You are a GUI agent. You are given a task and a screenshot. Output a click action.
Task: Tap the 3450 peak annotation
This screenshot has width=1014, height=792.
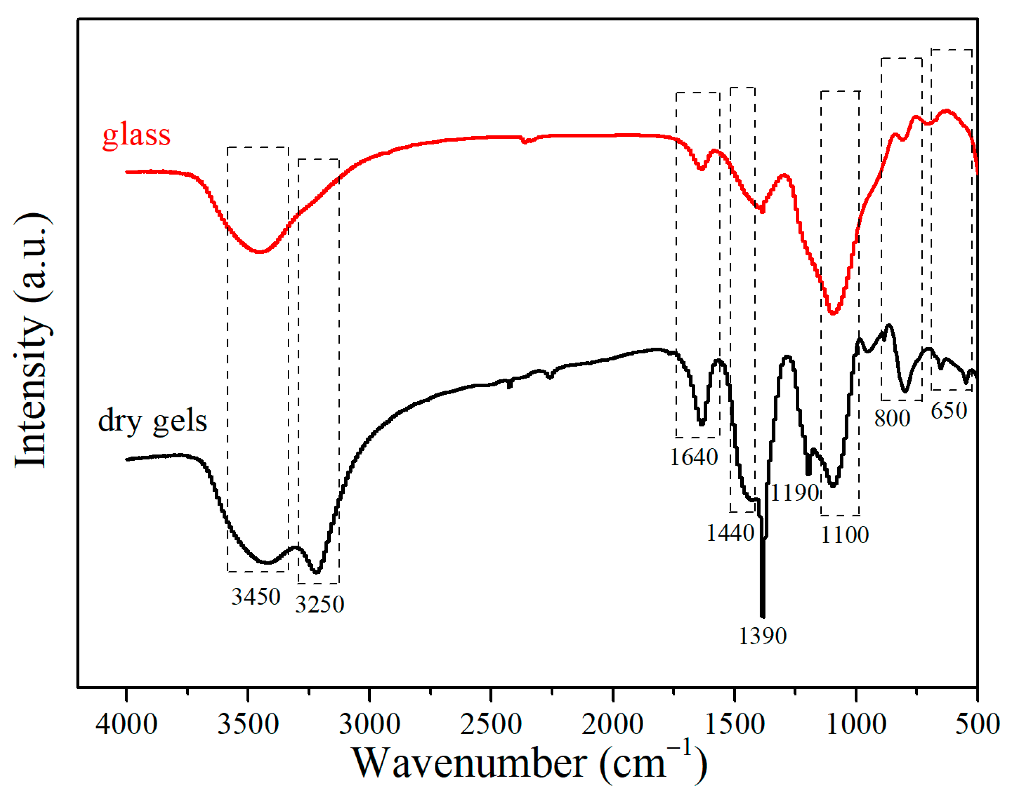tap(256, 596)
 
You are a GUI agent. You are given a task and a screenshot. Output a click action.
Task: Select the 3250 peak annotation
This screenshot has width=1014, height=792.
tap(320, 604)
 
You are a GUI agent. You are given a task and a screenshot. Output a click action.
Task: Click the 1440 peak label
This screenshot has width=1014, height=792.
tap(730, 533)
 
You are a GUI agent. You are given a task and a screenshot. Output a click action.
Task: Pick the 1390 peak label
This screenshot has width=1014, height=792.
tap(762, 635)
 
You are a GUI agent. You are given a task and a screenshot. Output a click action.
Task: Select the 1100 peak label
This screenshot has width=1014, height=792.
tap(845, 535)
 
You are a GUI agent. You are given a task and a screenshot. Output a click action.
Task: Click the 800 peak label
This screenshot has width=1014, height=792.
tap(892, 418)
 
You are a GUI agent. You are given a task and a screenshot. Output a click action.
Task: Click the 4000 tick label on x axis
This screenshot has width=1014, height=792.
tap(126, 724)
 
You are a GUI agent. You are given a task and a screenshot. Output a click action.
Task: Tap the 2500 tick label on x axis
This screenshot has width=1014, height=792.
tap(491, 724)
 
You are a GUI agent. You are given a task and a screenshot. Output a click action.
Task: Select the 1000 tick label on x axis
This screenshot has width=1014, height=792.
tap(856, 724)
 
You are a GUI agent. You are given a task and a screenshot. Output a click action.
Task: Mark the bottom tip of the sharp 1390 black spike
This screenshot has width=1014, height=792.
tap(762, 616)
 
